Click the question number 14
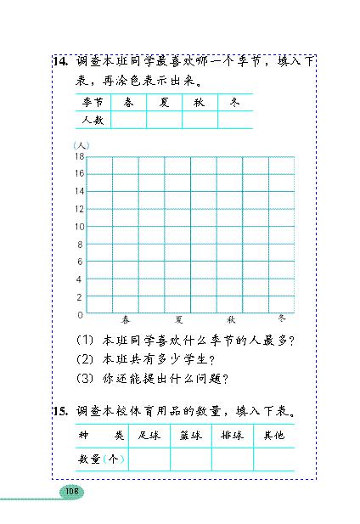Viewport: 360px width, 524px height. [x=59, y=62]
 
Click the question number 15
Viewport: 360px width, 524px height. [x=59, y=414]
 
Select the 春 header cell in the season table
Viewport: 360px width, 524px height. [x=127, y=102]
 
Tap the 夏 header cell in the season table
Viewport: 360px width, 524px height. [x=163, y=102]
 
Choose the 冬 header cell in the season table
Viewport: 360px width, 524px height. [x=234, y=102]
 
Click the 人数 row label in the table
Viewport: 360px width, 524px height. [x=92, y=120]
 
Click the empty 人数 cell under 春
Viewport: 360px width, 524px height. [x=127, y=120]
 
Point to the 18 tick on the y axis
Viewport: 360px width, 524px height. [x=79, y=156]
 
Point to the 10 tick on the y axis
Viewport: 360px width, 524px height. [x=79, y=227]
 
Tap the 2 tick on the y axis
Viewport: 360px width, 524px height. [x=81, y=297]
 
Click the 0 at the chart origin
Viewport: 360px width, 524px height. [x=81, y=315]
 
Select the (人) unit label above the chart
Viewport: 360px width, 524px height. [x=82, y=146]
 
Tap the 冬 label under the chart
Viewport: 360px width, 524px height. [x=283, y=318]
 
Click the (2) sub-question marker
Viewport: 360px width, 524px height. [x=84, y=359]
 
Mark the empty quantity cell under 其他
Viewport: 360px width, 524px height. [x=273, y=459]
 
